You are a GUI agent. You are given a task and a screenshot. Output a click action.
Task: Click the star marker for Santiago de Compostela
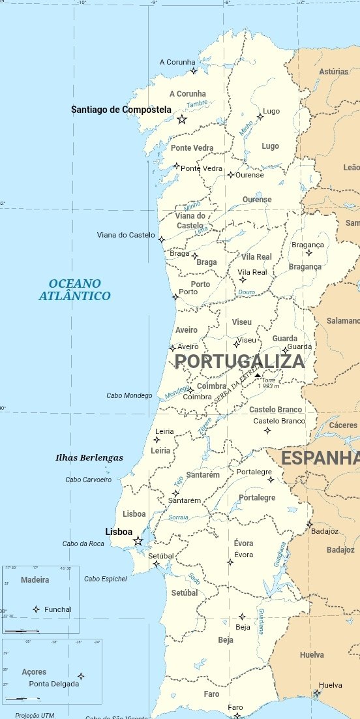[x=182, y=119]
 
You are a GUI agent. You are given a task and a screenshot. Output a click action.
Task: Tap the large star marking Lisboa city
[x=138, y=541]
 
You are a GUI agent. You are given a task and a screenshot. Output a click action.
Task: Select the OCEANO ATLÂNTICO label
[x=74, y=290]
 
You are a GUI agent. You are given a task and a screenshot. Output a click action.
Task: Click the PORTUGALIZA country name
[x=239, y=361]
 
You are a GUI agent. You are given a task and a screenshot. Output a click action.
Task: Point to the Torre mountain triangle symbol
[x=258, y=376]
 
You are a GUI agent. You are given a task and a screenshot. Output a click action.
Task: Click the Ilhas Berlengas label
[x=89, y=458]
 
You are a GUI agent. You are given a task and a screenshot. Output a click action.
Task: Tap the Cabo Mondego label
[x=129, y=396]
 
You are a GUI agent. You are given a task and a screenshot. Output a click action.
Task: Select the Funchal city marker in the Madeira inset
[x=36, y=609]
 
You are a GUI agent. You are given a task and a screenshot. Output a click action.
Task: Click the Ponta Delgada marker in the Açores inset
[x=81, y=676]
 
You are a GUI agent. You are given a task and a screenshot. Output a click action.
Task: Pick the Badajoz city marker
[x=310, y=523]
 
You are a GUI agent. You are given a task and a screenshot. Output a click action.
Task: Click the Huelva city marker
[x=316, y=694]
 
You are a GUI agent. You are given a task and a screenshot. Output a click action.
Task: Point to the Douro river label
[x=247, y=292]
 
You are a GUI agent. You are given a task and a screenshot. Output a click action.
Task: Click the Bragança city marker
[x=309, y=253]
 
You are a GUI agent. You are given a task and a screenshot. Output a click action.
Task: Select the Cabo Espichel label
[x=106, y=579]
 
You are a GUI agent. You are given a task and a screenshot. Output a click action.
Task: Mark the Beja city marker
[x=242, y=617]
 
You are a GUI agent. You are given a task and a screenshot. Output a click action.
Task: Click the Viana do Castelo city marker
[x=162, y=239]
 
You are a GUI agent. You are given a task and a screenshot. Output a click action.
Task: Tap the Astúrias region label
[x=334, y=72]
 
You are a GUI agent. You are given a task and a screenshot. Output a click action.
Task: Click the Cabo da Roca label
[x=83, y=544]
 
